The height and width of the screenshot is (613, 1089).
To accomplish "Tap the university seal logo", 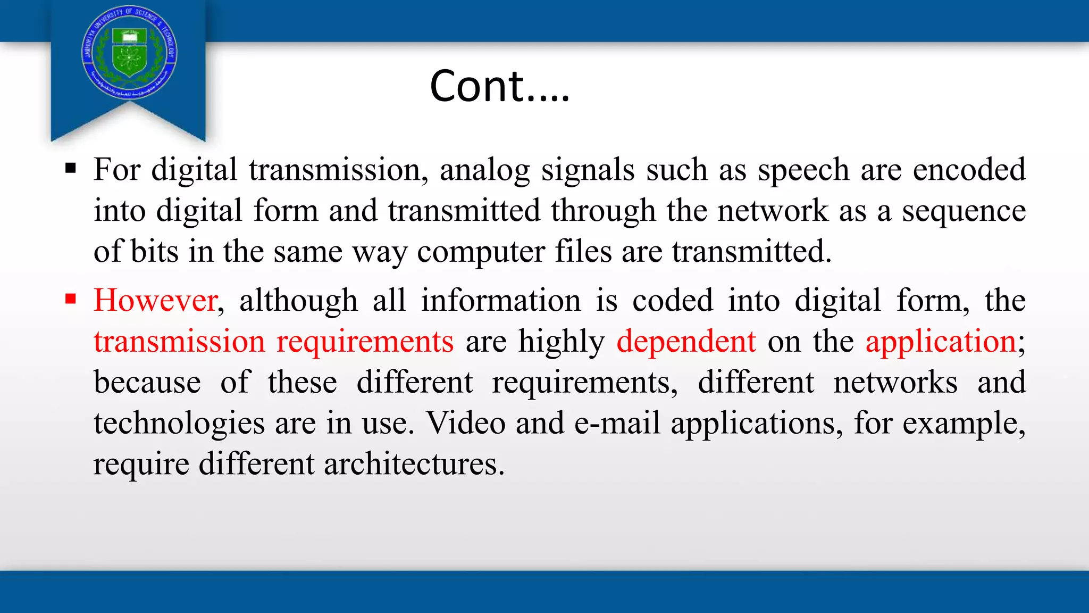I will click(130, 52).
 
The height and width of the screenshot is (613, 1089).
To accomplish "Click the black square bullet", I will click(71, 169).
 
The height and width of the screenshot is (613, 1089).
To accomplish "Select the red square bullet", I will click(71, 299).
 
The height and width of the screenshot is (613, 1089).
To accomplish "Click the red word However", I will click(155, 300).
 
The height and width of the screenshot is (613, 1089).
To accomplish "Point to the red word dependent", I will click(686, 341).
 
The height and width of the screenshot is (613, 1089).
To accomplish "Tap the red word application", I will click(941, 341).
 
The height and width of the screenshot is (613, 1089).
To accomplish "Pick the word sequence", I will click(964, 211).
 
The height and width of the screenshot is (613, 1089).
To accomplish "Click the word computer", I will click(481, 252).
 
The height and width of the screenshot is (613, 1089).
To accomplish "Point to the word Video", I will click(466, 423).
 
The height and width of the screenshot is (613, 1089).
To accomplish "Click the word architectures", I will click(414, 463).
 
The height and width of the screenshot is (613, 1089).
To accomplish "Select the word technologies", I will click(179, 423).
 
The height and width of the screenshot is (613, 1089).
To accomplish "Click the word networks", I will click(895, 382).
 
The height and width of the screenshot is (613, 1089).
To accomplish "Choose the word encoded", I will click(969, 169).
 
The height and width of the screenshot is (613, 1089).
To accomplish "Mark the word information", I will click(501, 300).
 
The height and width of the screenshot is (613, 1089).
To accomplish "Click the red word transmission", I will click(179, 341).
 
